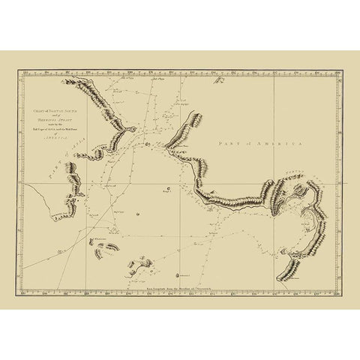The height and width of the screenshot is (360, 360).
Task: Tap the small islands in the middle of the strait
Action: [x=148, y=143]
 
